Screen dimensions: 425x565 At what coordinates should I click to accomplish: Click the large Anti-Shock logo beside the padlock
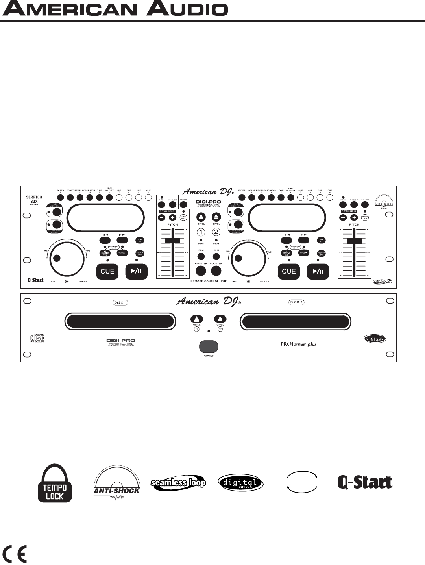[116, 484]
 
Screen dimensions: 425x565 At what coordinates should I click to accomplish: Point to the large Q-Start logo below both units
[365, 482]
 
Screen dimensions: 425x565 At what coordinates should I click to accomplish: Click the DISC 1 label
[120, 302]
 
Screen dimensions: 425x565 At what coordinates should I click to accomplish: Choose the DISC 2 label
[296, 302]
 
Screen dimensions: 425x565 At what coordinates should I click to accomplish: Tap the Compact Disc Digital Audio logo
[38, 337]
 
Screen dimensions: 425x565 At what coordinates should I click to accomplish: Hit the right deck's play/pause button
[318, 271]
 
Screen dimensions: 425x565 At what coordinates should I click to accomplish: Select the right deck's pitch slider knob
[354, 240]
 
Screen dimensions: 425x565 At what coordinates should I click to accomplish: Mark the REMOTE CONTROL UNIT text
[208, 282]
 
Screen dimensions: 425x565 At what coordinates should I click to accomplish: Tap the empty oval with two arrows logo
[302, 482]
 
